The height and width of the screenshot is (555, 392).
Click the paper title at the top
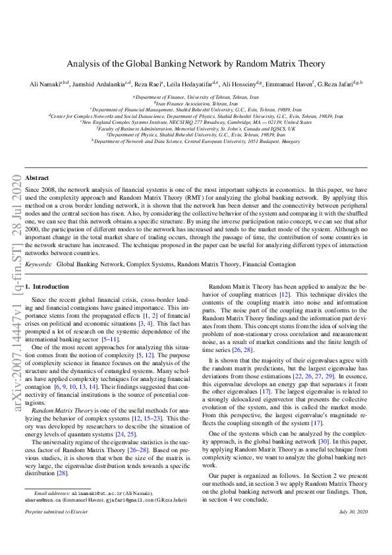click(x=196, y=64)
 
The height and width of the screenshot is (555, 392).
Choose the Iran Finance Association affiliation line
click(x=196, y=103)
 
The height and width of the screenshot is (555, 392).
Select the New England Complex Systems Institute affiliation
click(x=196, y=122)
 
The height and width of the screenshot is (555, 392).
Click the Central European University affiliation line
click(x=196, y=140)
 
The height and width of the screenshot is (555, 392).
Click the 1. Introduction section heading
click(x=47, y=287)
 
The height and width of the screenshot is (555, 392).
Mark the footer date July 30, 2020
click(x=352, y=511)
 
